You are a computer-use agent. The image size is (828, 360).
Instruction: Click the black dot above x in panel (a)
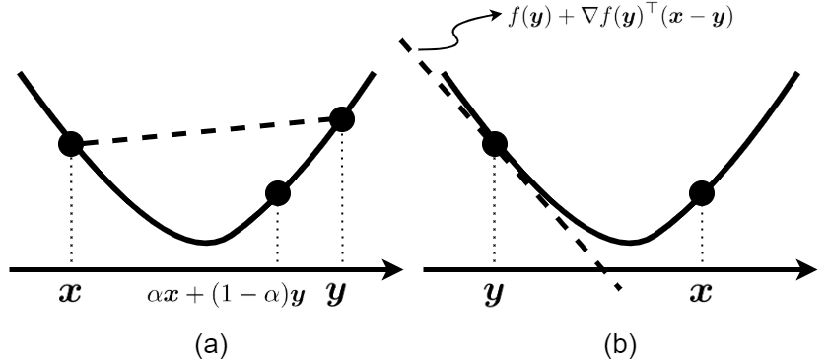(x=71, y=144)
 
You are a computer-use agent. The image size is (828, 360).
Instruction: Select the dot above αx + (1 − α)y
(x=278, y=193)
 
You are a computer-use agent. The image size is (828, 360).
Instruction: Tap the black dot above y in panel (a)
(x=342, y=119)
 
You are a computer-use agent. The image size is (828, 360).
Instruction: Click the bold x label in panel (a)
(x=72, y=295)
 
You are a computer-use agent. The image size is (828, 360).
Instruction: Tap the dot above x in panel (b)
(x=702, y=193)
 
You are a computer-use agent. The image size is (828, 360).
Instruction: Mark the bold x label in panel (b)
(x=702, y=295)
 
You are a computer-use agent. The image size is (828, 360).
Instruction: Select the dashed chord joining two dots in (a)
(x=206, y=132)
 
